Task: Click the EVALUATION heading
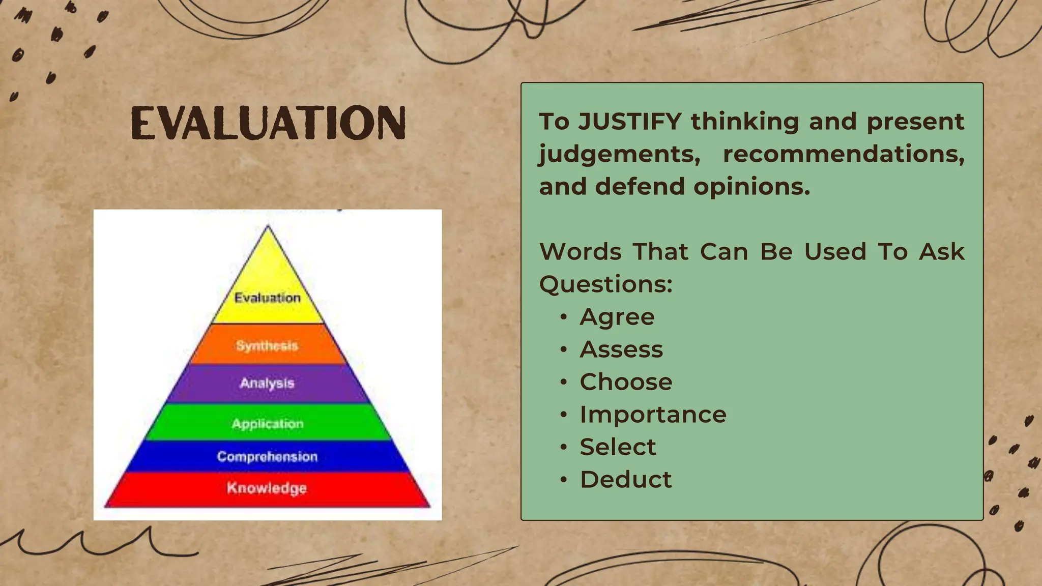tap(268, 123)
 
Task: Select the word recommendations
tap(843, 154)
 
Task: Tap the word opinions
tap(751, 187)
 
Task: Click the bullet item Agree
tap(617, 317)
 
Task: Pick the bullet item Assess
tap(621, 349)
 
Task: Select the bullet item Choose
tap(626, 382)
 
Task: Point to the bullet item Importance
tap(653, 415)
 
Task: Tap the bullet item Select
tap(618, 447)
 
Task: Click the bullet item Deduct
tap(626, 480)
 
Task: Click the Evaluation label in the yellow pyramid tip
tap(267, 298)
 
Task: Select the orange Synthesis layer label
tap(267, 346)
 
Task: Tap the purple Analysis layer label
tap(267, 383)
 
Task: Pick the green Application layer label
tap(267, 424)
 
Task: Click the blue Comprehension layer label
tap(267, 456)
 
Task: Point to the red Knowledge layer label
tap(267, 488)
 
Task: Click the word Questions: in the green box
tap(605, 284)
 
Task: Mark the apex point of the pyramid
tap(268, 226)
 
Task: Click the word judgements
tap(619, 154)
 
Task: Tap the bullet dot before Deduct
tap(563, 480)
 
